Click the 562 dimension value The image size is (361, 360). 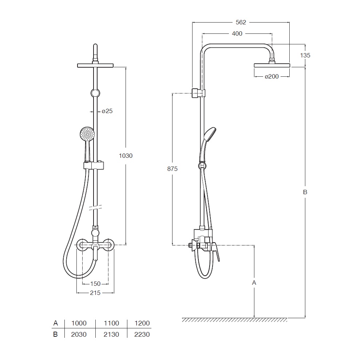[x=241, y=22]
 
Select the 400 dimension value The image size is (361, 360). [x=237, y=33]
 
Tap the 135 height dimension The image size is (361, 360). [x=305, y=55]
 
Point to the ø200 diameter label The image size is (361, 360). [x=272, y=76]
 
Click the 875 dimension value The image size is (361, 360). [x=172, y=169]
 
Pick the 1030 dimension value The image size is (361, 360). [x=126, y=156]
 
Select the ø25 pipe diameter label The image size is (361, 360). [x=107, y=111]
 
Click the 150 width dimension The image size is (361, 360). [x=95, y=284]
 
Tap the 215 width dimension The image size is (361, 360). [x=95, y=293]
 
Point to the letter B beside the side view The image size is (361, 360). [x=305, y=192]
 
